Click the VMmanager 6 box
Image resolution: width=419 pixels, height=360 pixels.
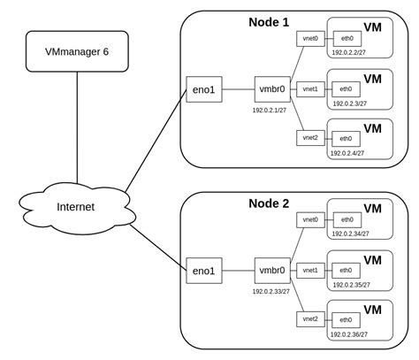tap(77, 52)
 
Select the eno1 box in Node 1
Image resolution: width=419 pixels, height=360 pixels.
tap(205, 89)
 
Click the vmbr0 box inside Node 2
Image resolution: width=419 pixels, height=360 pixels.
tap(270, 271)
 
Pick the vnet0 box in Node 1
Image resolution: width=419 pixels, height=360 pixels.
tap(309, 40)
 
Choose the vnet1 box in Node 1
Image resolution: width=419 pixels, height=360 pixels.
tap(309, 89)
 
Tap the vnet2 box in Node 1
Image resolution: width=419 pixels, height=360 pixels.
tap(309, 138)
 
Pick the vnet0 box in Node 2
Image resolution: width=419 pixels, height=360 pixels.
tap(309, 219)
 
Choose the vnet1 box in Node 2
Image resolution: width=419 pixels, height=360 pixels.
tap(309, 271)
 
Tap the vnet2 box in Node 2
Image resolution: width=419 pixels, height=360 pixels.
tap(309, 318)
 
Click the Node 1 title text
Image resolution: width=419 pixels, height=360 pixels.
tap(270, 20)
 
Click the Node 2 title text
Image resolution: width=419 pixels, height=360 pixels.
tap(270, 203)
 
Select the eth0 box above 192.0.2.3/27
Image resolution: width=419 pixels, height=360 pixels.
tap(346, 89)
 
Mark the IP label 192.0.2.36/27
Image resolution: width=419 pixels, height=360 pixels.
tap(350, 334)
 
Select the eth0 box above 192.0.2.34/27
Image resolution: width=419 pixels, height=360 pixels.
tap(346, 219)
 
